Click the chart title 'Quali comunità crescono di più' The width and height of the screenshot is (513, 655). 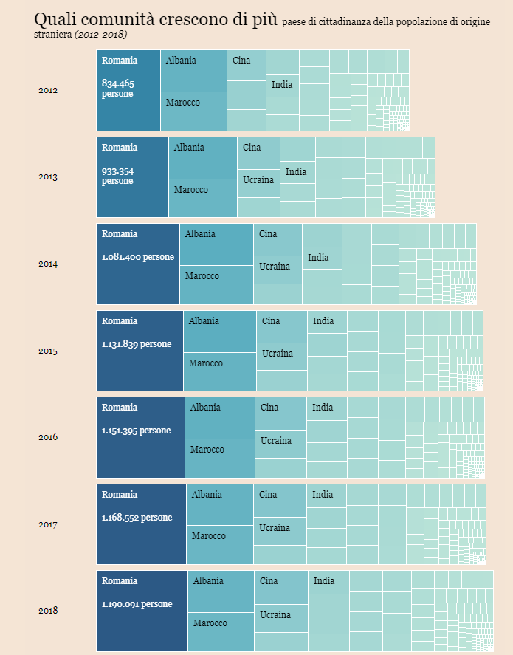[156, 20]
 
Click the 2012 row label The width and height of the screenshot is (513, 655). [48, 90]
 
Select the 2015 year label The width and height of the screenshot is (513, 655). [48, 351]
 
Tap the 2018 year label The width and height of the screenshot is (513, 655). [48, 611]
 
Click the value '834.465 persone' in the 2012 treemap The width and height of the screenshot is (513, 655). [118, 89]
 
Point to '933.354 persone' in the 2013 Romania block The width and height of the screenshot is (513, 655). [118, 176]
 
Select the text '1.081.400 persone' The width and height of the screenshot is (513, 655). [138, 257]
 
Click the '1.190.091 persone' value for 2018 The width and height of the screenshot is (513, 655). [137, 604]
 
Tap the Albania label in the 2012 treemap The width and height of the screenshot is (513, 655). [181, 61]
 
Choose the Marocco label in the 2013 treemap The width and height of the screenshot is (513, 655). [190, 190]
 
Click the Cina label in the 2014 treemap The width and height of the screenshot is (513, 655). [268, 234]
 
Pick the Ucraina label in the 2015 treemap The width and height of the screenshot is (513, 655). [278, 354]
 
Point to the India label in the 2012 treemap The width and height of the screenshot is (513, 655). [282, 84]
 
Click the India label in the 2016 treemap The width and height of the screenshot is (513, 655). [323, 408]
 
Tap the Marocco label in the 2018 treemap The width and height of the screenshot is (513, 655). [210, 623]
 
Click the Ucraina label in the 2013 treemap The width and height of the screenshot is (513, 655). [258, 180]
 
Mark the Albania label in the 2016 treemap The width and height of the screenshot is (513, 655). [205, 408]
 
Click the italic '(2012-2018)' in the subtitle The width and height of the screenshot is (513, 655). [100, 35]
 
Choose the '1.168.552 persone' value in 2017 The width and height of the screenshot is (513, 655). [137, 518]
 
